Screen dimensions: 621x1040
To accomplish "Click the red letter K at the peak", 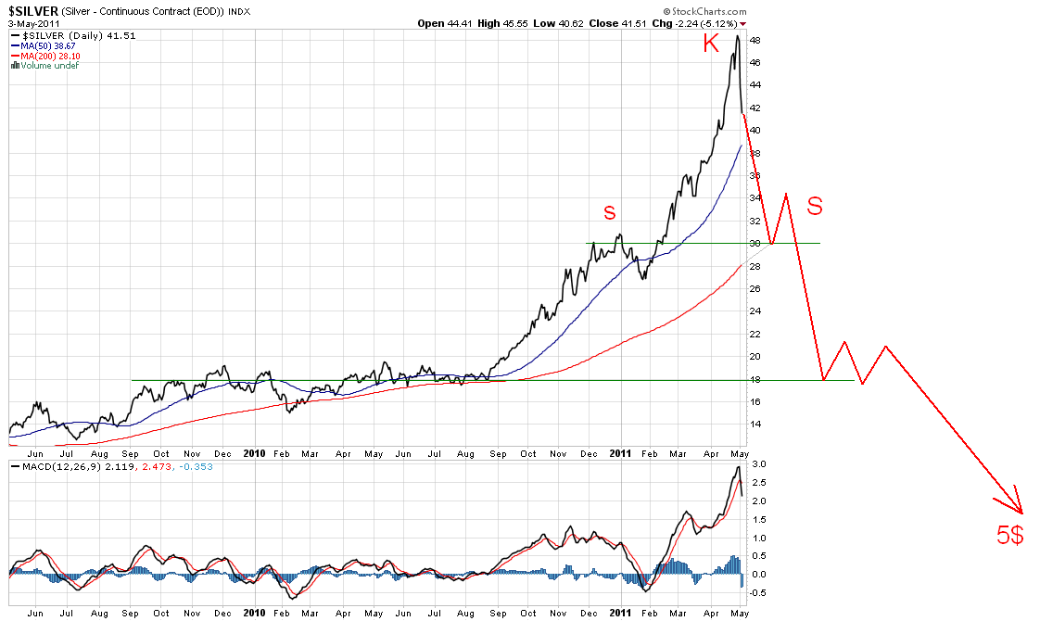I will click(x=711, y=43).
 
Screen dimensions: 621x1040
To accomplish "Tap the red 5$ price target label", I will click(x=1009, y=535).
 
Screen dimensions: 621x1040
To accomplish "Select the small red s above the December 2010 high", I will click(x=609, y=212).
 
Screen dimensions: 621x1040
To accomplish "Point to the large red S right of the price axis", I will click(x=815, y=206).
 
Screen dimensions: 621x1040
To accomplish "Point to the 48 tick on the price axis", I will click(x=755, y=41).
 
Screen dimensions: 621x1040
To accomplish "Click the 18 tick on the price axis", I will click(x=755, y=380).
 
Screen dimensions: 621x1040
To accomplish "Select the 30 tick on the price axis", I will click(x=755, y=244).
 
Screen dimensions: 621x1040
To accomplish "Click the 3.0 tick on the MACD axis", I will click(x=759, y=463).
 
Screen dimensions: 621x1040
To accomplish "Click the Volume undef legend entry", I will click(x=42, y=64).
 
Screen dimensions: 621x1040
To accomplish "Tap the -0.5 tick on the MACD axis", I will click(x=757, y=592).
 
